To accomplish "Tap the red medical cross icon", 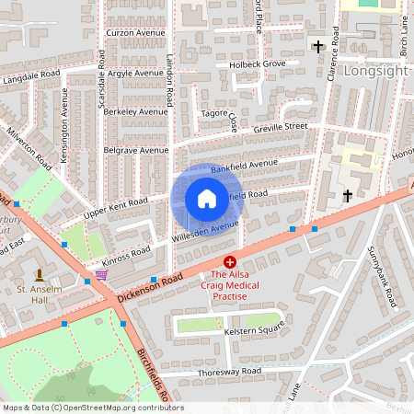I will pyautogui.click(x=230, y=262).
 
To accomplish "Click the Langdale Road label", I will pyautogui.click(x=31, y=83).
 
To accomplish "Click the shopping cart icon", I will pyautogui.click(x=101, y=274).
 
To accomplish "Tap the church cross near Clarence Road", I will pyautogui.click(x=318, y=46).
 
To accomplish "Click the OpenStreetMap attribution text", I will pyautogui.click(x=92, y=408).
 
